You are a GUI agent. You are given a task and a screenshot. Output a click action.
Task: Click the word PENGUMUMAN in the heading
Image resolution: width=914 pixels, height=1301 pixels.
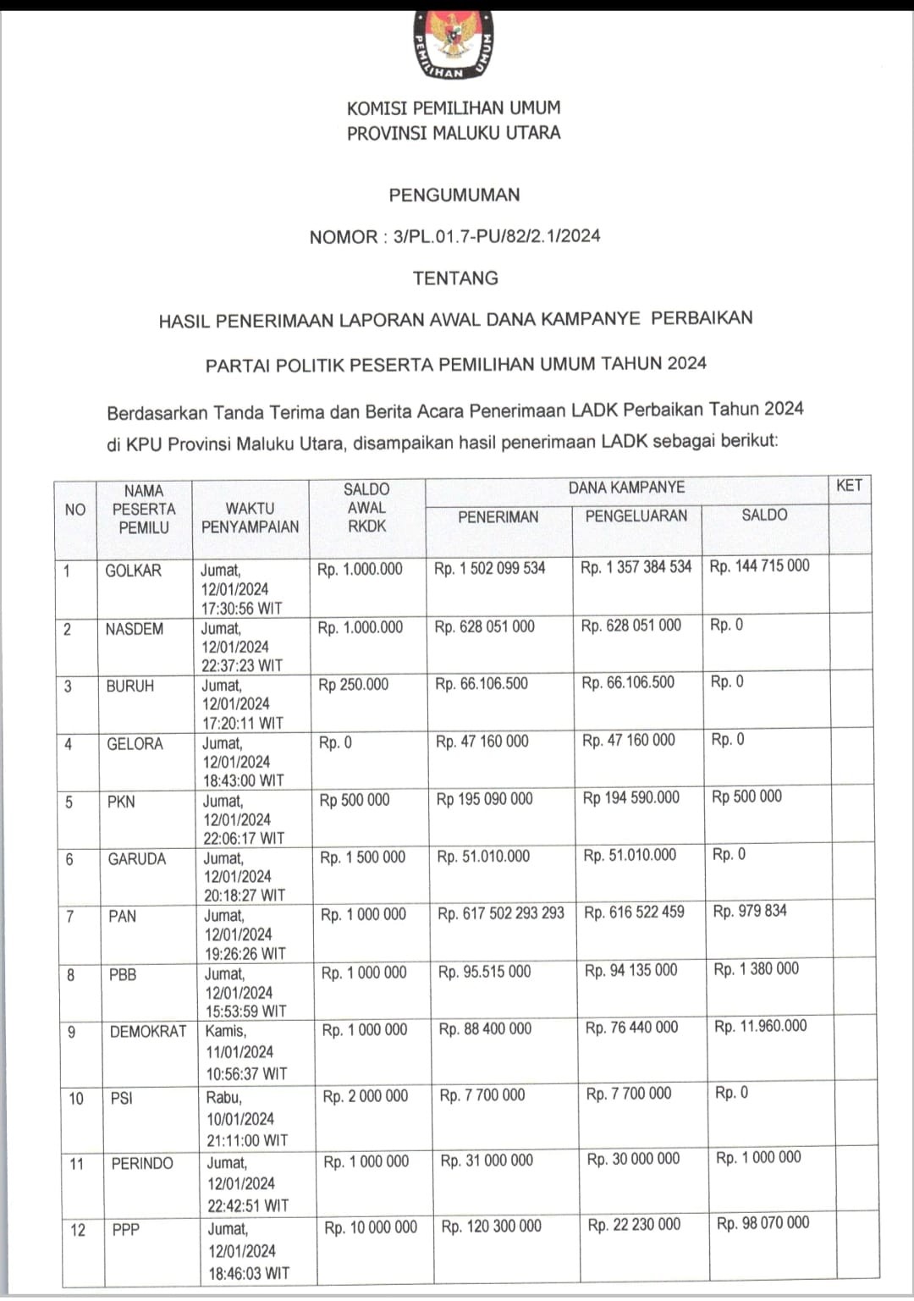(454, 195)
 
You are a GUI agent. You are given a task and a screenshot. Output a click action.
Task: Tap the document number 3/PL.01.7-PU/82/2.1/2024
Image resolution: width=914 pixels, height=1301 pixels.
(497, 236)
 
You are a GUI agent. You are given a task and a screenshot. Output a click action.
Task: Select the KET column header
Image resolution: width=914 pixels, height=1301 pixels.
(849, 486)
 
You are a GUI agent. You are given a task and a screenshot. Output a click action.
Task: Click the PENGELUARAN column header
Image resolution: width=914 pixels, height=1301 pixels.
(636, 515)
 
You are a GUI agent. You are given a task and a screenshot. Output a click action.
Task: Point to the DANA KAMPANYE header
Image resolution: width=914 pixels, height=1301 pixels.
(626, 488)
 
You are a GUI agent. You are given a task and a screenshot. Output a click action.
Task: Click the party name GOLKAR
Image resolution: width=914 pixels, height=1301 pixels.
(133, 571)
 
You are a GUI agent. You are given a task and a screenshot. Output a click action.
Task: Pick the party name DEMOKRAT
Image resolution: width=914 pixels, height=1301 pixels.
(148, 1031)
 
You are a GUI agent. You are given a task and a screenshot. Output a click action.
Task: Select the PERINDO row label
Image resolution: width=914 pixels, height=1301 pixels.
(142, 1163)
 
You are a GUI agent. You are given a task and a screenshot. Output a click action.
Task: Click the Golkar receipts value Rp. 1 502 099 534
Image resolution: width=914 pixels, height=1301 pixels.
(489, 568)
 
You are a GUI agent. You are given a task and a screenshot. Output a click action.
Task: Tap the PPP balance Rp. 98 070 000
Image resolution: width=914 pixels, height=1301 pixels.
(763, 1223)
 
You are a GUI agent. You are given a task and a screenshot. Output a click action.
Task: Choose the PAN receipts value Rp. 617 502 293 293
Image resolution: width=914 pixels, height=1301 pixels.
(500, 913)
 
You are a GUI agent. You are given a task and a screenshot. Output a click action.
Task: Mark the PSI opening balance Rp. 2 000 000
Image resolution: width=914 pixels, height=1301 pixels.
(365, 1096)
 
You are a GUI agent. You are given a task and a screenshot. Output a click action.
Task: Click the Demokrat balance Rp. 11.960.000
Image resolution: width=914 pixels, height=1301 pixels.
(760, 1026)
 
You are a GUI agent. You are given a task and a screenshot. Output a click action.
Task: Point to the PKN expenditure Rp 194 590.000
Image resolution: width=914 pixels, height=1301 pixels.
(630, 797)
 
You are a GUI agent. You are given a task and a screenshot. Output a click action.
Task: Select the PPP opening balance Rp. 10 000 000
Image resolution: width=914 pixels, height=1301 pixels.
(371, 1227)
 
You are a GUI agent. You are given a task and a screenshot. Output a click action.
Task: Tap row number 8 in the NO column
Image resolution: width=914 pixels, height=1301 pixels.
(70, 974)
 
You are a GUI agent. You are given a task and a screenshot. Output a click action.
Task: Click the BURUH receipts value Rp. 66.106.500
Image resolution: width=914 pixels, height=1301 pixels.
(481, 683)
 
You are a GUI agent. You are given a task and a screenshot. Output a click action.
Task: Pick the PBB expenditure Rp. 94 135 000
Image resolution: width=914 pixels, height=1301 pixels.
(630, 970)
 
